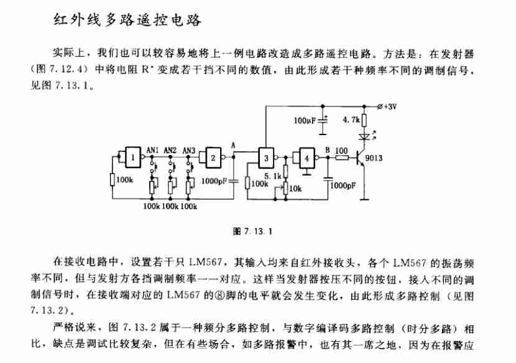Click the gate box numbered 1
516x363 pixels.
[133, 158]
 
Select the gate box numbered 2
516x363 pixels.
[213, 158]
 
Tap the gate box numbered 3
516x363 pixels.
[266, 158]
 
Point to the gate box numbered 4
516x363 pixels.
[306, 158]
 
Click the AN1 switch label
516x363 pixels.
[152, 150]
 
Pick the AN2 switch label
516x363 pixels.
[170, 150]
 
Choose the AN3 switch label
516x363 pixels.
[189, 150]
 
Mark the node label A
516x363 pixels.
[233, 146]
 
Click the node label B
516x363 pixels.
[328, 150]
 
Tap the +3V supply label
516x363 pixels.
[390, 106]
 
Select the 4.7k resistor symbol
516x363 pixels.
[364, 120]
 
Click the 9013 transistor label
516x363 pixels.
[374, 158]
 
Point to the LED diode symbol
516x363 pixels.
[364, 136]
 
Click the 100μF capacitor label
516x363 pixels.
[305, 120]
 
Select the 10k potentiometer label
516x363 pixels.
[295, 189]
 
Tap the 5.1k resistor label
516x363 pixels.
[273, 176]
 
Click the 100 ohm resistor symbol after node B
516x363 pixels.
[342, 158]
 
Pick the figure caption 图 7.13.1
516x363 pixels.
[253, 231]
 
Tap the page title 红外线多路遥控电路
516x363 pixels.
[127, 20]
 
